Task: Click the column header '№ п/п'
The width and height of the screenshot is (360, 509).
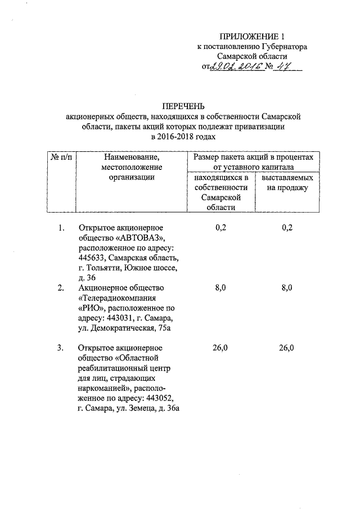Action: pyautogui.click(x=60, y=157)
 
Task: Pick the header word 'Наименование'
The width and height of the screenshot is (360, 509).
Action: pyautogui.click(x=132, y=157)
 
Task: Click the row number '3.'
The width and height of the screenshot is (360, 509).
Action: pyautogui.click(x=61, y=348)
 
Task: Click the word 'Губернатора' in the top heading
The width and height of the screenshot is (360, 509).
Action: pyautogui.click(x=284, y=47)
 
